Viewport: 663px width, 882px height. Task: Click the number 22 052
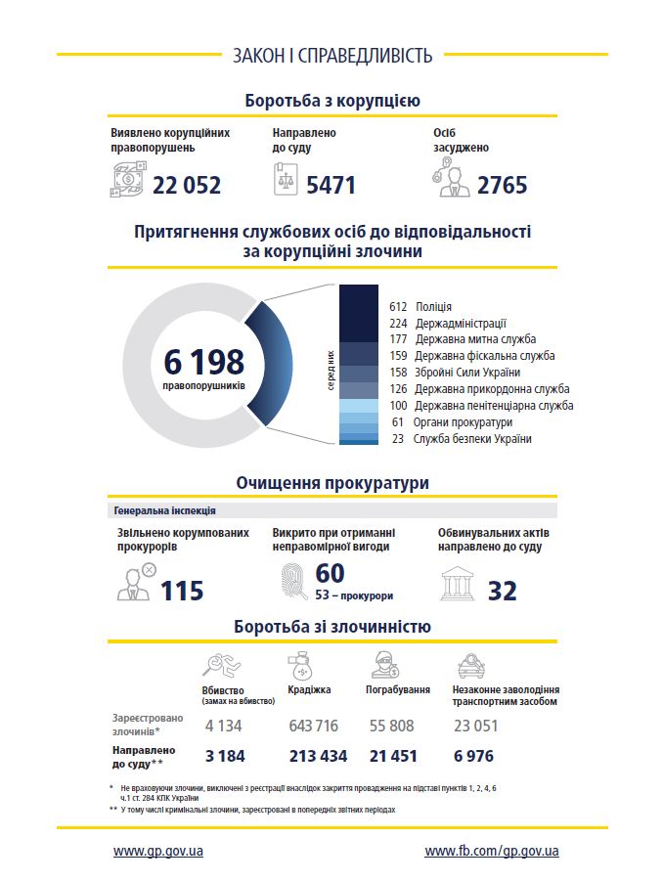[x=187, y=185]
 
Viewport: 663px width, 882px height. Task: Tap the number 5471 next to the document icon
[x=331, y=185]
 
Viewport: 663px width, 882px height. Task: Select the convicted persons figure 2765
[x=502, y=185]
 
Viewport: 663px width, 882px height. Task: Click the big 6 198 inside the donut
[x=204, y=362]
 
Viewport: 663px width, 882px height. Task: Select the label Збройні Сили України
[x=467, y=373]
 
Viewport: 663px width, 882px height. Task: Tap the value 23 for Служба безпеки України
[x=397, y=439]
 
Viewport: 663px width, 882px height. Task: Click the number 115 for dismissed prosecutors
[x=182, y=591]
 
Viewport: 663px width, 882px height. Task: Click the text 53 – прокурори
[x=354, y=595]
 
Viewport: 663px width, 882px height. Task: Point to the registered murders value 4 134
[x=223, y=726]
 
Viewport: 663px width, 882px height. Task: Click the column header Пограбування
[x=398, y=689]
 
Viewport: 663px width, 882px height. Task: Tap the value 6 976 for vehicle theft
[x=473, y=756]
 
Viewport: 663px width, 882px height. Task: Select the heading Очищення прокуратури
[x=332, y=483]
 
